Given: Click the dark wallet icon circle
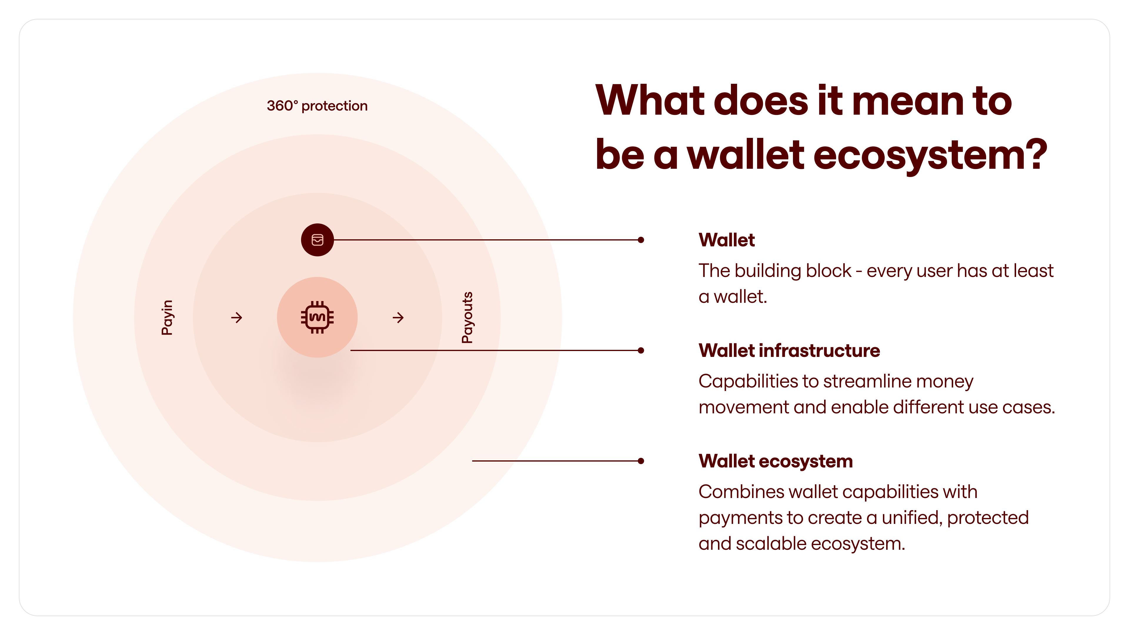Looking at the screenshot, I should (317, 240).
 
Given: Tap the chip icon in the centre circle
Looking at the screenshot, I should (317, 317).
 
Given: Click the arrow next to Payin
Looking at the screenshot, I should (237, 317).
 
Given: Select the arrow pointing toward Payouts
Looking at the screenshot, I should (398, 317).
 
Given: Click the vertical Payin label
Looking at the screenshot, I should (167, 317).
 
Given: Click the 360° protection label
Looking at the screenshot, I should (317, 106).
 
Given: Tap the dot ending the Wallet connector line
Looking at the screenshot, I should (641, 240).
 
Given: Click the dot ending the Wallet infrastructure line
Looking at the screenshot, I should (641, 350).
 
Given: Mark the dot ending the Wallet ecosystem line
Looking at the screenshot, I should (641, 461).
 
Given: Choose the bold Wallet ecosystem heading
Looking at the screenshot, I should (775, 461).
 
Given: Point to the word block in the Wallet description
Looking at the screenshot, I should (828, 271).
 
